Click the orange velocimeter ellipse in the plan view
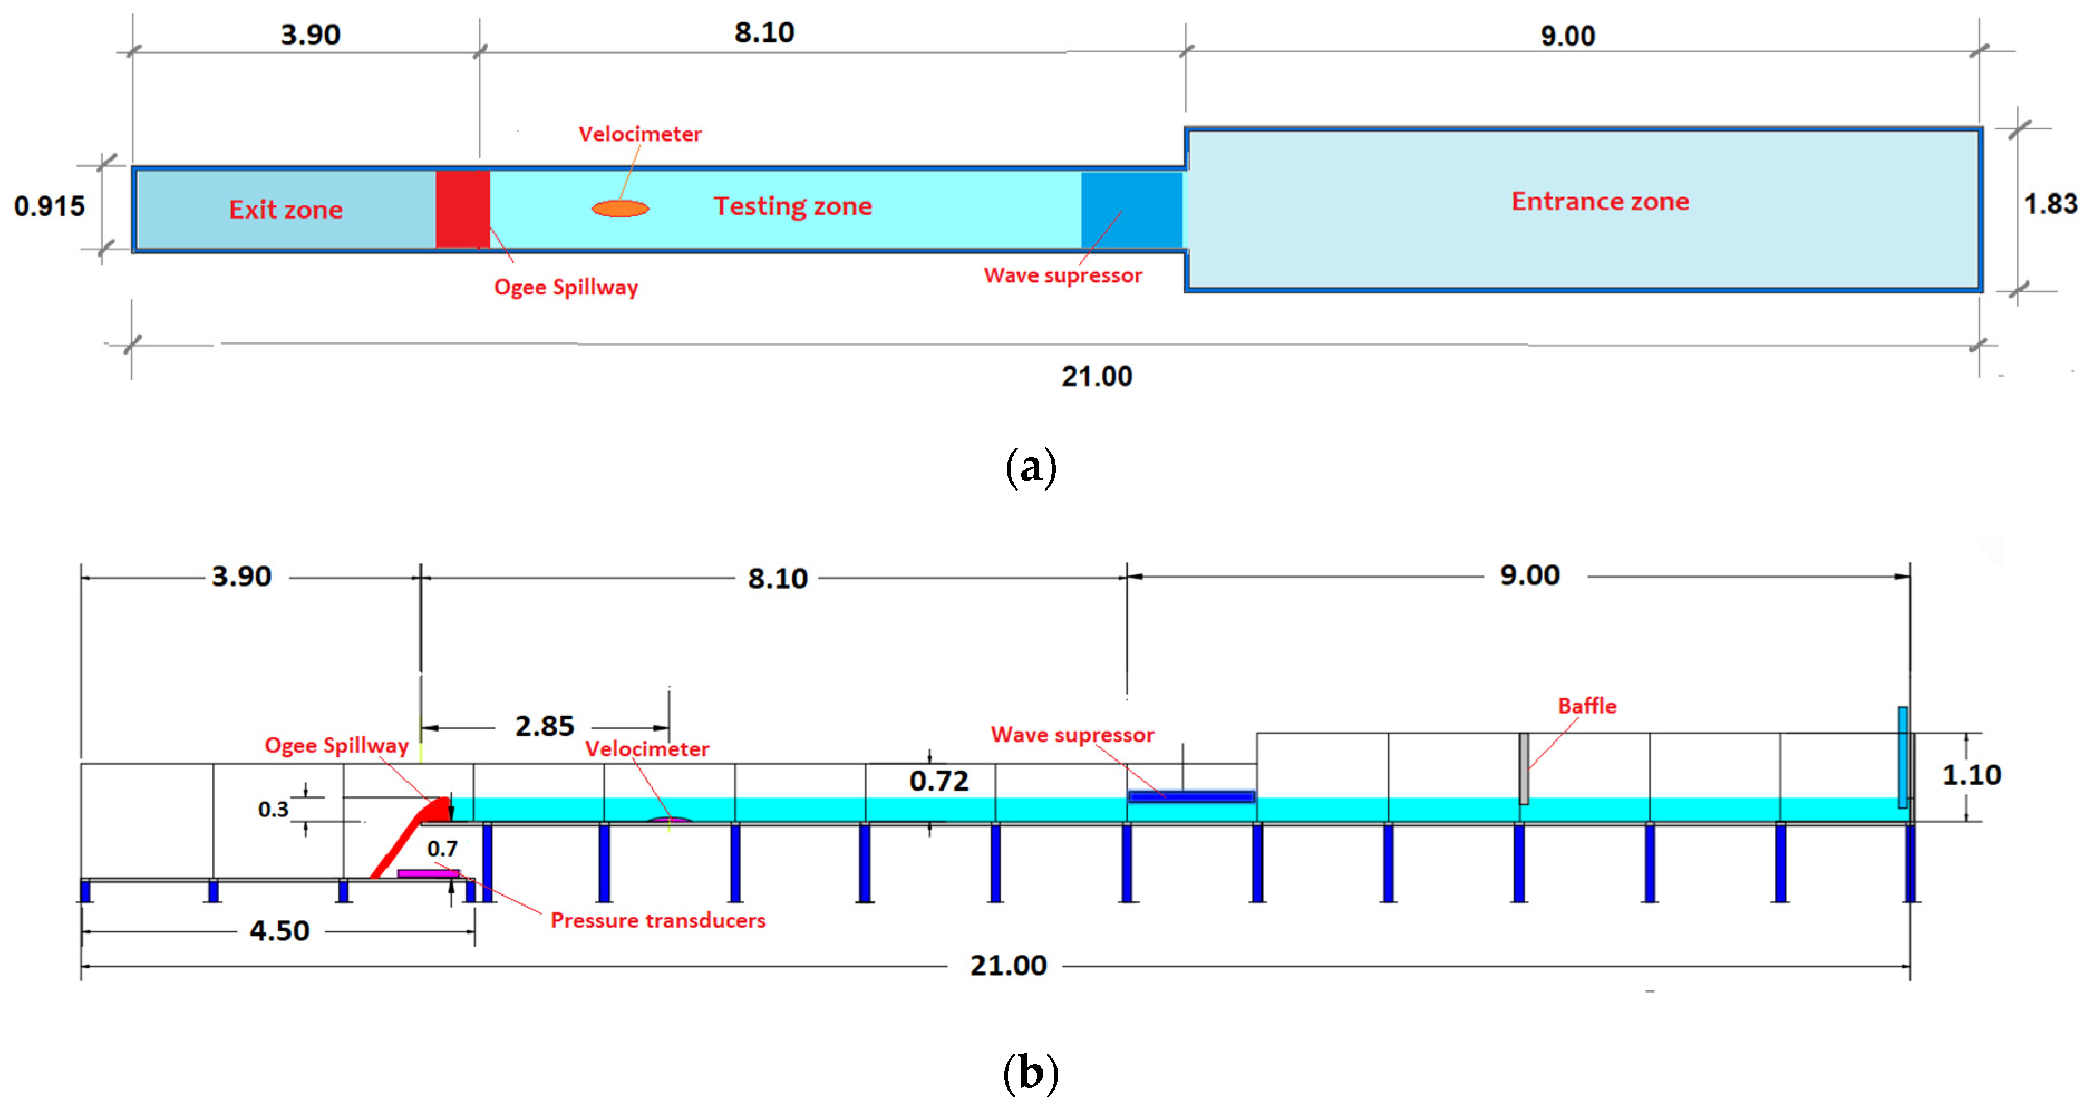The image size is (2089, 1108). (621, 209)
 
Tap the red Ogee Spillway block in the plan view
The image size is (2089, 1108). (462, 209)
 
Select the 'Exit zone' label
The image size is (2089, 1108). (285, 210)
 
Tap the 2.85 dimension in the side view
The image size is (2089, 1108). (544, 726)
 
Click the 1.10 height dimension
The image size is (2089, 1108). (1971, 775)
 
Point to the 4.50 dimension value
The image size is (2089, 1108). (280, 930)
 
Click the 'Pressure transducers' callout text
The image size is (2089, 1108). (658, 920)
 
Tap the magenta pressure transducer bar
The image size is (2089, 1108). (428, 874)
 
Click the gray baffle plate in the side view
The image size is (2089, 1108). (1524, 768)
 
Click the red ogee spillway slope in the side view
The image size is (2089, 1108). (405, 840)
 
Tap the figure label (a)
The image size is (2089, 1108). (1031, 468)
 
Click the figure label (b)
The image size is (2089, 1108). (1031, 1072)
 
